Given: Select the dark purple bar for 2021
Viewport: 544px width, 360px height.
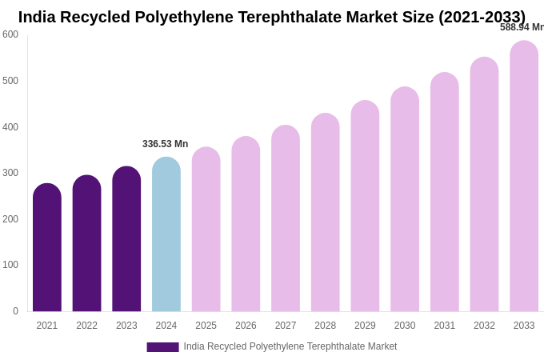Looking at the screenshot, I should tap(47, 248).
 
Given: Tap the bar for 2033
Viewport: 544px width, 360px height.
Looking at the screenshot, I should tap(524, 176).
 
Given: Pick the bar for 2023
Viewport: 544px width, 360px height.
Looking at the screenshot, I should tap(126, 239).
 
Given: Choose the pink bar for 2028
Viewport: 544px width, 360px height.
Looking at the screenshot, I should tap(325, 213).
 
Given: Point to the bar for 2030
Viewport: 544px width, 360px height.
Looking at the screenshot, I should tap(405, 199).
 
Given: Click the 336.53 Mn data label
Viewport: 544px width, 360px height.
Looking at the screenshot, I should tap(166, 144).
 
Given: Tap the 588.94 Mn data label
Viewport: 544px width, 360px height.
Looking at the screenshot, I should tap(522, 27).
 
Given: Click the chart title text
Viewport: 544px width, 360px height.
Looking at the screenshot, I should tap(272, 17).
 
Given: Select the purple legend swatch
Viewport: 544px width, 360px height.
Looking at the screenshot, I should tap(162, 347).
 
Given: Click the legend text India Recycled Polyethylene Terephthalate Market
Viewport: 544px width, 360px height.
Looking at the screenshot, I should tap(290, 346).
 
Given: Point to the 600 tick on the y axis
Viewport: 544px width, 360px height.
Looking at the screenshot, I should tap(10, 34).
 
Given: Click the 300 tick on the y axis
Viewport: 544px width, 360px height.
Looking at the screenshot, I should tap(10, 173).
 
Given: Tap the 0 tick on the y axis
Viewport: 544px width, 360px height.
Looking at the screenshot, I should tap(15, 311).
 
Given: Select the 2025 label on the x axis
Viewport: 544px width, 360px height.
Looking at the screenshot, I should tap(206, 326).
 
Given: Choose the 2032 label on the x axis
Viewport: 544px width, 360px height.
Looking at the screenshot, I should tap(484, 326).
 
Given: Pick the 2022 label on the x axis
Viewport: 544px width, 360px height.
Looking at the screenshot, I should tap(86, 326).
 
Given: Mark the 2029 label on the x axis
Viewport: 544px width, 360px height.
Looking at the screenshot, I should tap(365, 326).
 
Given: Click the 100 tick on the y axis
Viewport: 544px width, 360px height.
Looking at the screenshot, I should tap(10, 265).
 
